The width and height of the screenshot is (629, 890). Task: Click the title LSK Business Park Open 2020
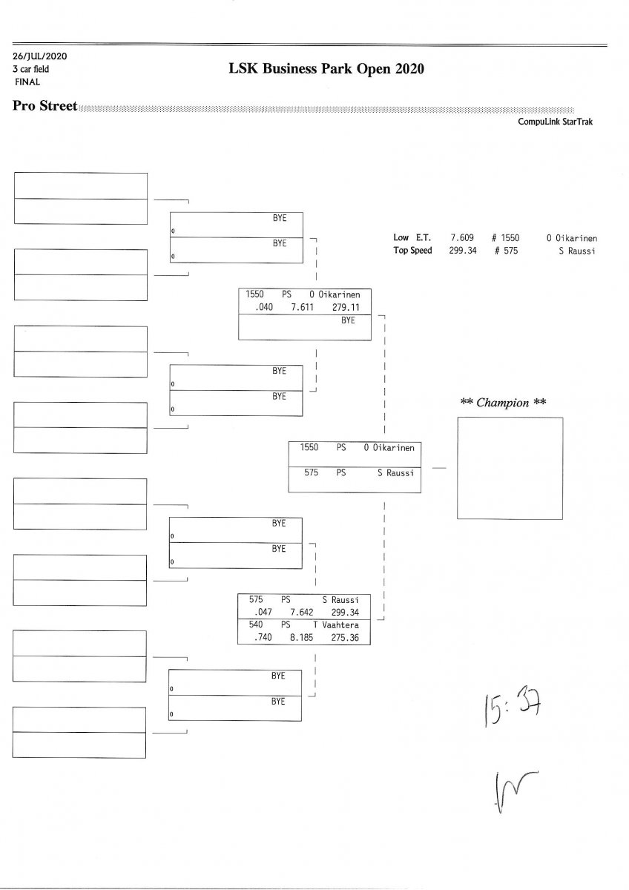pyautogui.click(x=327, y=70)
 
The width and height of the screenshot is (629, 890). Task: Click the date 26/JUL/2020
pyautogui.click(x=40, y=56)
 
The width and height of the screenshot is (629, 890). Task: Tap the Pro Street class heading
pyautogui.click(x=45, y=107)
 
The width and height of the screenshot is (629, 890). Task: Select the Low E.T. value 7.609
pyautogui.click(x=461, y=238)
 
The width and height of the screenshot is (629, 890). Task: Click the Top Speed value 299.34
pyautogui.click(x=461, y=251)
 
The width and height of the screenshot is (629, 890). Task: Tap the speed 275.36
pyautogui.click(x=345, y=637)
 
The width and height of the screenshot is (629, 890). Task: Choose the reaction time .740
pyautogui.click(x=264, y=637)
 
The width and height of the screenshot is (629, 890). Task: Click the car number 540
pyautogui.click(x=256, y=625)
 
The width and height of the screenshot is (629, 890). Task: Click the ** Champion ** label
pyautogui.click(x=504, y=403)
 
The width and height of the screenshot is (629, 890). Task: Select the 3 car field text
pyautogui.click(x=31, y=69)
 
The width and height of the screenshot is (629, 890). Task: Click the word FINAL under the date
pyautogui.click(x=27, y=82)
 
